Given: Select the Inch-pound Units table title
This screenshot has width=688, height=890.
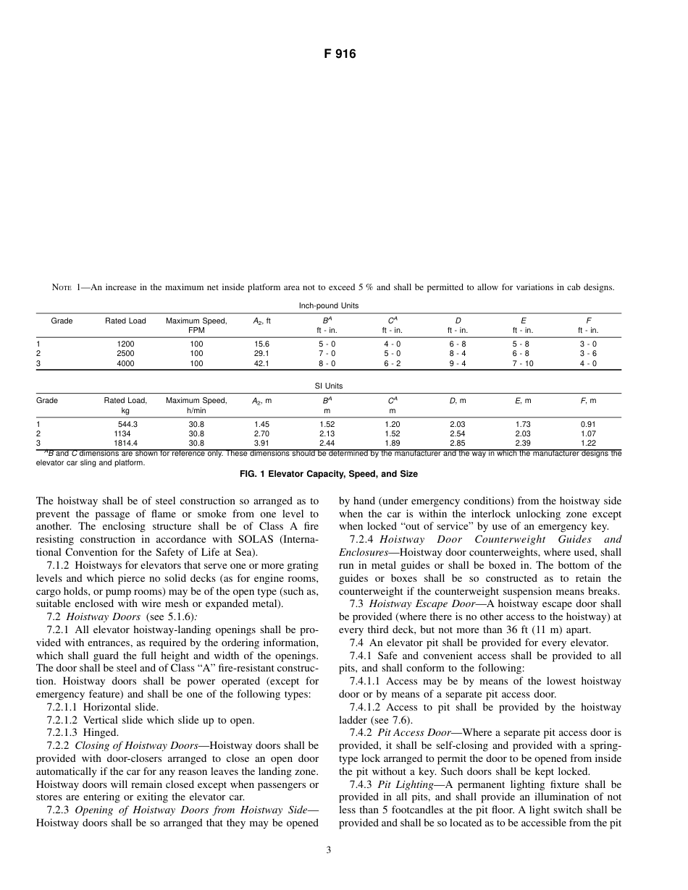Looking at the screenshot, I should [x=329, y=306].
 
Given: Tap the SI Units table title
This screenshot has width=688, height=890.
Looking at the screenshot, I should [x=329, y=386].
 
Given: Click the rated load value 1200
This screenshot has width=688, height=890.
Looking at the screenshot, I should [x=125, y=344].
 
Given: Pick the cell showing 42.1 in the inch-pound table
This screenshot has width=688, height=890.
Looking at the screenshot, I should [x=261, y=364].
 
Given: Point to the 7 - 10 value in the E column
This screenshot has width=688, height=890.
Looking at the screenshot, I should [x=523, y=364].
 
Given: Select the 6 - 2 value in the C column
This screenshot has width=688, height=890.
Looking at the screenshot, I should [x=392, y=364].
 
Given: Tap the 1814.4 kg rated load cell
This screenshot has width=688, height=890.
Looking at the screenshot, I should [x=125, y=443].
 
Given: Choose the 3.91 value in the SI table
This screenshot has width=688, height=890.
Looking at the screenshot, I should [x=261, y=443].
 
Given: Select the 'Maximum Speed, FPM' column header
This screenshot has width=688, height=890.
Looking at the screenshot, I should [x=196, y=326].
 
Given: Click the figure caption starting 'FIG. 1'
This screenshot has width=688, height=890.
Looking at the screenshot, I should [x=329, y=474].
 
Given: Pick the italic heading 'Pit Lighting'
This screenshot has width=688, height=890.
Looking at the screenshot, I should [x=401, y=784].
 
